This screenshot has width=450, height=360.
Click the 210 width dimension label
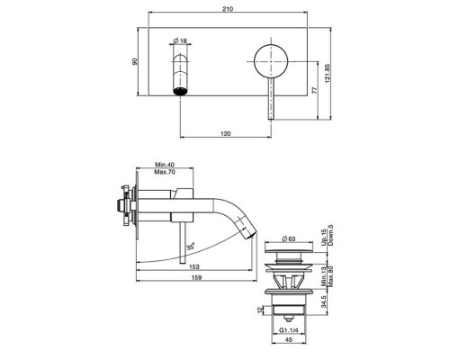(228, 9)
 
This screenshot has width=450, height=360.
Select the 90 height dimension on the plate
(135, 61)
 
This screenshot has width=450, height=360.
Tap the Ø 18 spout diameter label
(180, 40)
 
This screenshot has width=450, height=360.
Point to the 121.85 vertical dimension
(328, 73)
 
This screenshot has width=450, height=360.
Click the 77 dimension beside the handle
(314, 91)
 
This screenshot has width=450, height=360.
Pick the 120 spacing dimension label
(225, 133)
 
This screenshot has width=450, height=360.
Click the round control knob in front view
(271, 61)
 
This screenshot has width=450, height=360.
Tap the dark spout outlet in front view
(180, 91)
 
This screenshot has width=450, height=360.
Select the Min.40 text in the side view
(165, 165)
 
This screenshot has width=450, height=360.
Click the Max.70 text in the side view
(165, 172)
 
